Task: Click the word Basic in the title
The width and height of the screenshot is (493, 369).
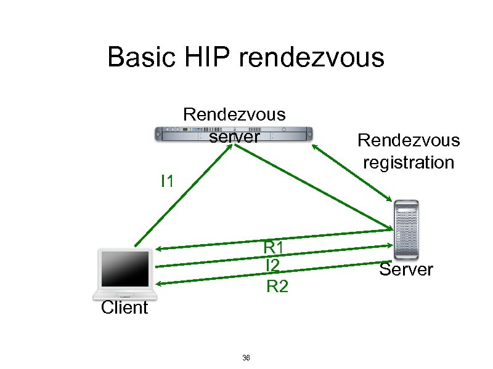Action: [138, 57]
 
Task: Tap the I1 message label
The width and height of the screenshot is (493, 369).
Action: [167, 181]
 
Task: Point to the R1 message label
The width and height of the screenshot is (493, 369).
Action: [273, 247]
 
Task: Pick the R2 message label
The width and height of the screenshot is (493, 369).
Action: [277, 286]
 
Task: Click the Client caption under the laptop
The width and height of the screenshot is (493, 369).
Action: [124, 307]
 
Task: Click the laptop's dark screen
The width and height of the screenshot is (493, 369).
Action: [125, 269]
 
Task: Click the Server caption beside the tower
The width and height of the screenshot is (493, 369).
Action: [406, 269]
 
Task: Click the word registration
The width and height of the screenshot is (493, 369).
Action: [408, 162]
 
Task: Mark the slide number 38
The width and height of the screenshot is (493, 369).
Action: [246, 358]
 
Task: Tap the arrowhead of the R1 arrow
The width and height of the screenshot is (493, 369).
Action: [158, 248]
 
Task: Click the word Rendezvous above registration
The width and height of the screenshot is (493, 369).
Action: [408, 140]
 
